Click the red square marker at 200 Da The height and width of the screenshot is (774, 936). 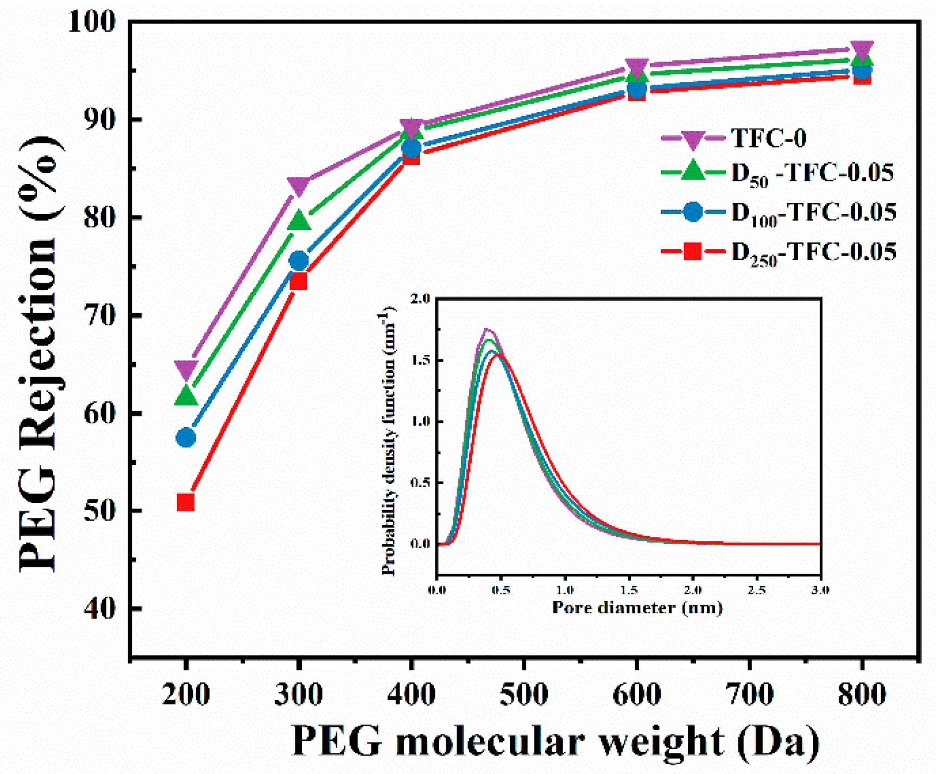(x=186, y=502)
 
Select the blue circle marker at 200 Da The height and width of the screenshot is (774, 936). (x=186, y=437)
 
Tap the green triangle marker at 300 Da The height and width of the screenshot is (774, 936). (x=299, y=221)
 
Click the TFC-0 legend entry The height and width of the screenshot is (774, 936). (x=768, y=138)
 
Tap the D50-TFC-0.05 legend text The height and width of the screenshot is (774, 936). (x=812, y=174)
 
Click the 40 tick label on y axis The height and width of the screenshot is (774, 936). (x=100, y=608)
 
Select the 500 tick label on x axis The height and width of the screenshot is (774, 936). (x=524, y=694)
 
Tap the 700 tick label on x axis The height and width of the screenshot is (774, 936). (x=749, y=694)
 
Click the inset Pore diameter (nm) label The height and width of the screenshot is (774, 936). (x=637, y=607)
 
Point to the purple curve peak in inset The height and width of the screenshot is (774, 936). (x=487, y=329)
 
